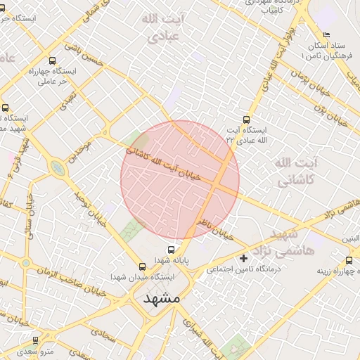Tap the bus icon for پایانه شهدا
tap(171, 250)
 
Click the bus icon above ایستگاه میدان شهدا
tap(143, 266)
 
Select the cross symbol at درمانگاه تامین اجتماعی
tap(244, 258)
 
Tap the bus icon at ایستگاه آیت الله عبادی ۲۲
tap(245, 120)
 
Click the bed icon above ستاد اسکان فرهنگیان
tap(326, 35)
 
